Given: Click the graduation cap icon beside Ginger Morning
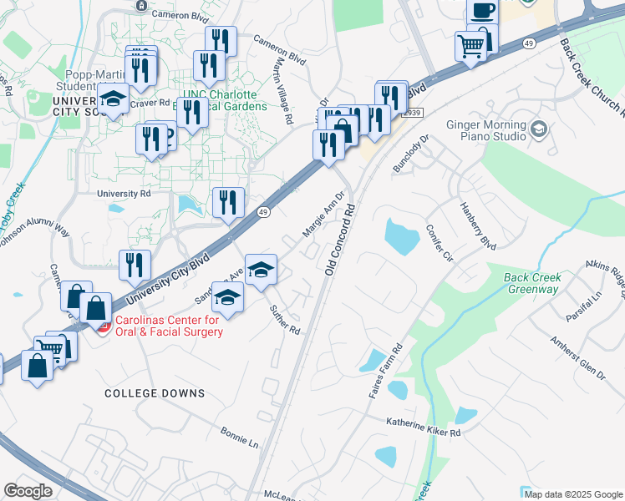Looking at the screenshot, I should click(539, 128).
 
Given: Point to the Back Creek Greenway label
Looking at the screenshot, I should click(532, 283).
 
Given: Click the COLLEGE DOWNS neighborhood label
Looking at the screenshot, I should click(155, 392).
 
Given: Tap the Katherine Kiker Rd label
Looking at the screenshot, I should click(423, 428).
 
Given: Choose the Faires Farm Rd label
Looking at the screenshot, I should click(386, 369).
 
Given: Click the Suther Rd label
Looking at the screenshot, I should click(284, 318).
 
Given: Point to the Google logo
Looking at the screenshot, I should click(28, 491).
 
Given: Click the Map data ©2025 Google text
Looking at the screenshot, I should click(573, 493).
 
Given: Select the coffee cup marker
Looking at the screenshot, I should click(482, 11).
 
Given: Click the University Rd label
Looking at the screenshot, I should click(124, 193).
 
